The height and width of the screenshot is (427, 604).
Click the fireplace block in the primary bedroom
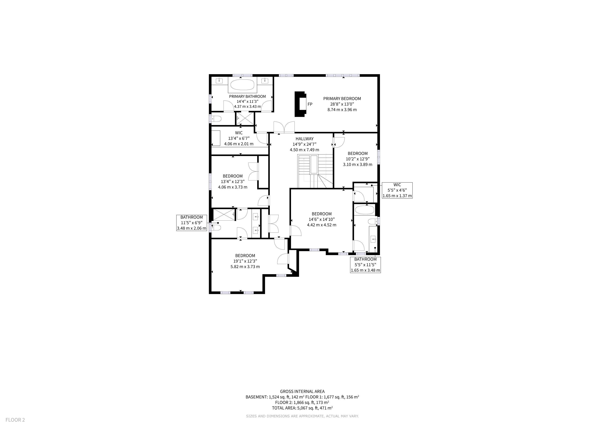[x=300, y=104]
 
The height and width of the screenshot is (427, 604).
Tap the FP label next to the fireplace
[x=310, y=104]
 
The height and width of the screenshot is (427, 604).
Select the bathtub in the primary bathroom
[x=242, y=85]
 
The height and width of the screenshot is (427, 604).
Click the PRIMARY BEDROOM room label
[x=342, y=99]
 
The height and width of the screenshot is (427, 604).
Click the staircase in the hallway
[x=315, y=171]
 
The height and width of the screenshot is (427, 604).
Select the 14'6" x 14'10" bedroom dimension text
[x=321, y=219]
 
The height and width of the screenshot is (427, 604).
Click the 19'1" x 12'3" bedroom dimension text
[x=245, y=261]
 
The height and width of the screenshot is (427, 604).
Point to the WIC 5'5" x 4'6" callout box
[x=397, y=190]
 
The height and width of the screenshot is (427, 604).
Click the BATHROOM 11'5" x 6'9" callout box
[x=191, y=223]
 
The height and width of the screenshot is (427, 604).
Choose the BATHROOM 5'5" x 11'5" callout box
[x=365, y=265]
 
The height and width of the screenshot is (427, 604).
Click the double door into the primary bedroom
[x=284, y=127]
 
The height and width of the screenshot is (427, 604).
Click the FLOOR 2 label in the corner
[x=15, y=420]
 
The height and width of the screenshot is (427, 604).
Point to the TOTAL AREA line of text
[x=302, y=408]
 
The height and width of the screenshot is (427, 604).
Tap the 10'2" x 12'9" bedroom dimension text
[x=357, y=159]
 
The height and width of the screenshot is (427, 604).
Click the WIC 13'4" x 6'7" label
[x=239, y=138]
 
